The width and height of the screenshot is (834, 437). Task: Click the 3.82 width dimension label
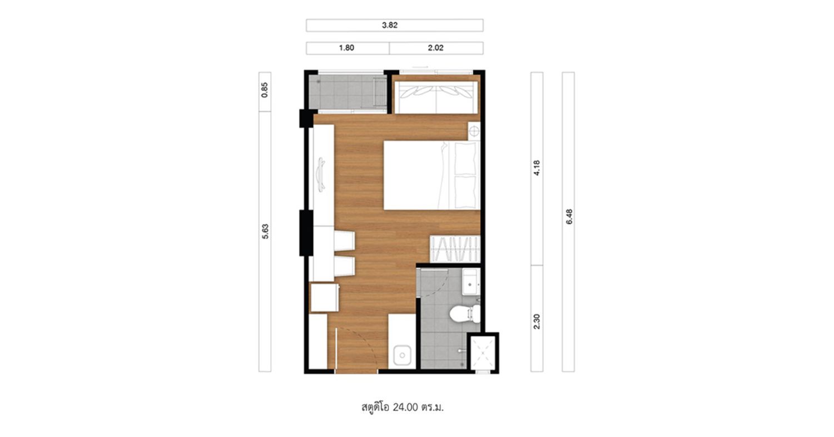click(389, 25)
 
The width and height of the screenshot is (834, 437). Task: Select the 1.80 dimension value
click(346, 48)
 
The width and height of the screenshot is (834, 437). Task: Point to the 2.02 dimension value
click(435, 48)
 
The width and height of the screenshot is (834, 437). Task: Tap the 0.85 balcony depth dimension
click(265, 90)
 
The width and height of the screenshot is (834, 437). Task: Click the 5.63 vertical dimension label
click(265, 231)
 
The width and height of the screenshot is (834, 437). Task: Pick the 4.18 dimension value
click(537, 168)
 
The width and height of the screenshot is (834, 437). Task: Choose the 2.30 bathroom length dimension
click(537, 321)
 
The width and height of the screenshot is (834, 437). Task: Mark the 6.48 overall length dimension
click(569, 216)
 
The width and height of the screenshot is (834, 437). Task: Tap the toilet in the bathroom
click(464, 313)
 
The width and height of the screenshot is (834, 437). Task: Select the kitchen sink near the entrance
click(402, 355)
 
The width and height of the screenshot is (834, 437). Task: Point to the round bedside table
click(474, 131)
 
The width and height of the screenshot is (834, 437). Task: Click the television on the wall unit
click(321, 174)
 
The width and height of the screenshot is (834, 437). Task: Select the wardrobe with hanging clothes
click(455, 249)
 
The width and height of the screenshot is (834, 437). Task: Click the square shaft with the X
click(483, 353)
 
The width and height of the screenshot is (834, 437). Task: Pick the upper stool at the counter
click(344, 241)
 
